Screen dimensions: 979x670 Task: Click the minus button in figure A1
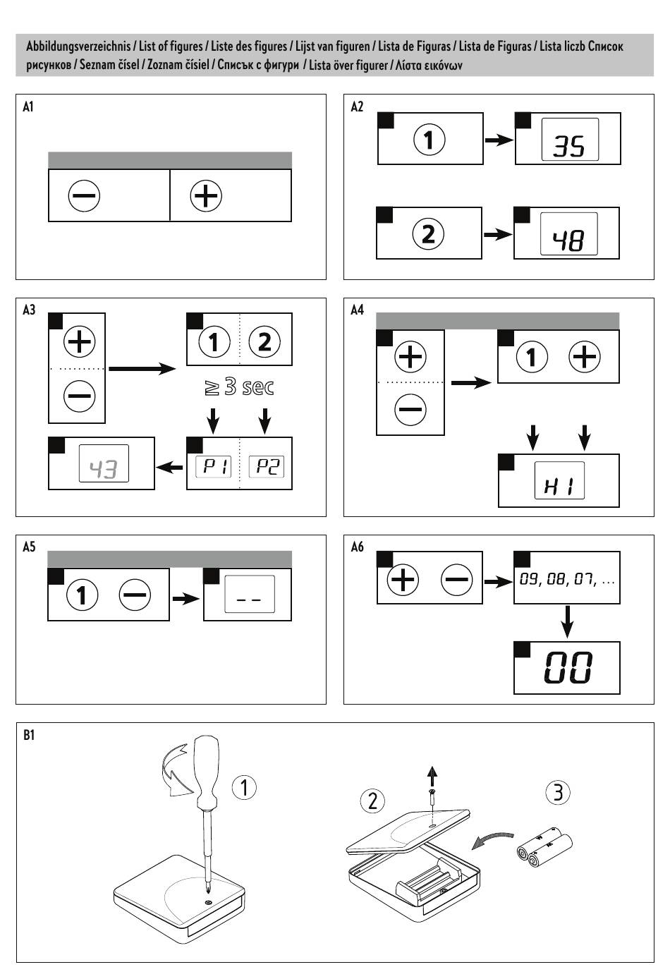84,195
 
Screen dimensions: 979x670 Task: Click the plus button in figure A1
206,195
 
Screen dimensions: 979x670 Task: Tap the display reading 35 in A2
569,139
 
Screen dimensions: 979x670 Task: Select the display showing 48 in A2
568,234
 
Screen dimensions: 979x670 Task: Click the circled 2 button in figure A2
428,233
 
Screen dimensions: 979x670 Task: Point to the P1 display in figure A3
213,466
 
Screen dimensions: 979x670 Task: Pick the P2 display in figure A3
267,466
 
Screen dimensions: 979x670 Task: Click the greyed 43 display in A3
104,463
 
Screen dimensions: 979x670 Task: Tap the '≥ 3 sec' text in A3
239,387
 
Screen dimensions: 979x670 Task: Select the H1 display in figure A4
559,481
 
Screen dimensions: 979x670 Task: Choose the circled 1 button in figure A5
82,595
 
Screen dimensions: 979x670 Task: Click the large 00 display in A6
568,668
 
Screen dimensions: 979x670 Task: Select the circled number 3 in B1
558,793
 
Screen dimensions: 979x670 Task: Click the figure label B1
29,735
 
